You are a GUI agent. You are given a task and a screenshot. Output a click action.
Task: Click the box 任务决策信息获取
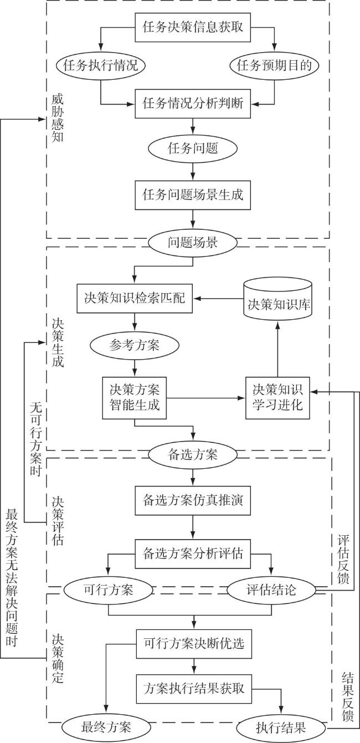point(193,27)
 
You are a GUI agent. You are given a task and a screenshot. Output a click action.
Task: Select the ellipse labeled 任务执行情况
point(101,65)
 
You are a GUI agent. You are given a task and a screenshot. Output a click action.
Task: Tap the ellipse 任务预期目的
point(274,65)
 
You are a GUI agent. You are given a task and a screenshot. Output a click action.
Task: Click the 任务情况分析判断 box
point(193,104)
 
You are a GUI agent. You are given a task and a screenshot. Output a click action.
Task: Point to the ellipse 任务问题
point(193,148)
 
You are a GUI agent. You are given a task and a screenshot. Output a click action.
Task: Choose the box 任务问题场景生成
point(193,195)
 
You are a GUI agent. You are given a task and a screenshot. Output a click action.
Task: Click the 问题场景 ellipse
point(193,243)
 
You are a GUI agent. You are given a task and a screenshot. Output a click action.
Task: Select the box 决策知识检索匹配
point(135,298)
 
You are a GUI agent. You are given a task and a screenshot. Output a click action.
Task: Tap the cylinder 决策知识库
point(278,299)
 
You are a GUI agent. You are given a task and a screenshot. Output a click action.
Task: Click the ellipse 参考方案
point(135,345)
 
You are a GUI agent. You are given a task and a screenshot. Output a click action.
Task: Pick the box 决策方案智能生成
point(135,398)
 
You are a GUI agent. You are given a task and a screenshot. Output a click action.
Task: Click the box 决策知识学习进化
point(278,398)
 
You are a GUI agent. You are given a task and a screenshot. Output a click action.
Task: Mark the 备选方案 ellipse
point(193,455)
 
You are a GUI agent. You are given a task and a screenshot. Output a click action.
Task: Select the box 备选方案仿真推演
point(193,500)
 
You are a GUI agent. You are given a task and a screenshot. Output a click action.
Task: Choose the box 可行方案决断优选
point(194,643)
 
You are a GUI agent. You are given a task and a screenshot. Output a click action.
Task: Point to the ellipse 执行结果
point(281,727)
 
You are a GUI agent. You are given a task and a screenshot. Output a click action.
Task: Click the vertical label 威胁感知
point(58,118)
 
